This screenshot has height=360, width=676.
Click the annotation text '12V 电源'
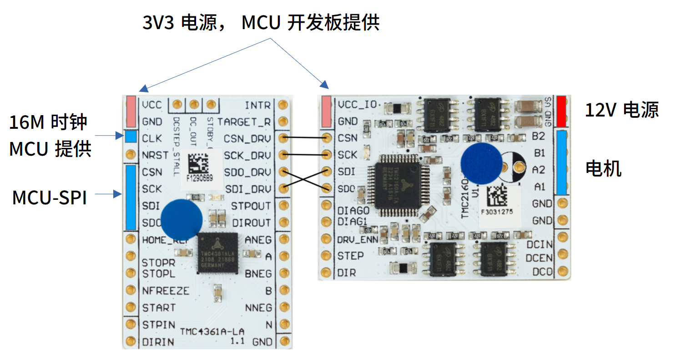[x=621, y=110]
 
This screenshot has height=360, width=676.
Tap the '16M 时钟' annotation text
[x=48, y=122]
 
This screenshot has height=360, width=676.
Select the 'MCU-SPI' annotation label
[x=49, y=198]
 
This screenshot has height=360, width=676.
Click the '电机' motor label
[x=603, y=169]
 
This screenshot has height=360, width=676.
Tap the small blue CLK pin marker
[x=131, y=136]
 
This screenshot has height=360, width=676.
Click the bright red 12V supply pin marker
[x=561, y=111]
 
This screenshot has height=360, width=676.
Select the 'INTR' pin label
[x=257, y=105]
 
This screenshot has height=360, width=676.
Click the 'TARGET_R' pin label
[x=244, y=122]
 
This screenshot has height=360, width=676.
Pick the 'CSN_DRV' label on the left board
[x=247, y=138]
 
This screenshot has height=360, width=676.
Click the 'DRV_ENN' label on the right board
[x=357, y=239]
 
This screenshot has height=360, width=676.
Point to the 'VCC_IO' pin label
[x=357, y=104]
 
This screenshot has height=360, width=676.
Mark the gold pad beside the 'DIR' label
[x=325, y=273]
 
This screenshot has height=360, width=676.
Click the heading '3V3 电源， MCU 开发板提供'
[x=261, y=23]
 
